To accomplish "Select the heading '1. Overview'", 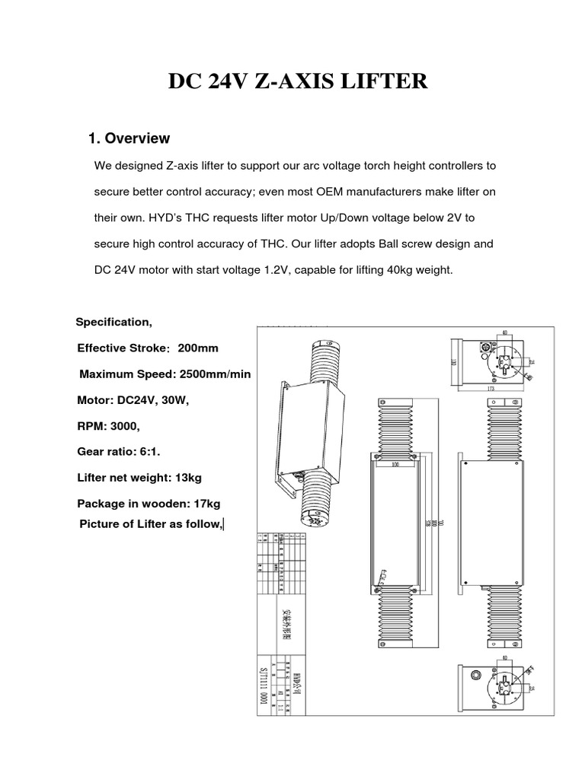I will click(x=129, y=138).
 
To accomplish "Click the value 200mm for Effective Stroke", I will click(x=198, y=348).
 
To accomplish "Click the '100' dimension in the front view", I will click(x=395, y=463).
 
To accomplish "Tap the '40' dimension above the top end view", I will click(x=503, y=332).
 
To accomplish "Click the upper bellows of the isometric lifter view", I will click(x=321, y=361).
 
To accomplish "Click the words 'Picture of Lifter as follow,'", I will click(x=151, y=523).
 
